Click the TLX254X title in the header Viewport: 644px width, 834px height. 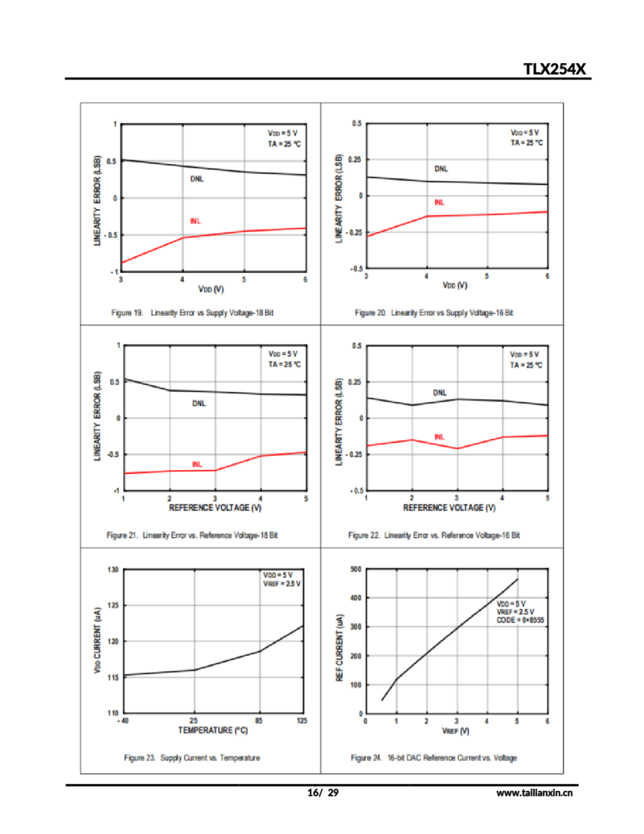[554, 69]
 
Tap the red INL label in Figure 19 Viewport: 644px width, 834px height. [195, 221]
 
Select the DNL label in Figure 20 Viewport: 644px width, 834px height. [441, 169]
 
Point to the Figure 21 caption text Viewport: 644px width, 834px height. [192, 535]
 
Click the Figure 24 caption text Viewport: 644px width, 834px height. [434, 758]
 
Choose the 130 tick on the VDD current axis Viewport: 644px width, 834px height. [113, 570]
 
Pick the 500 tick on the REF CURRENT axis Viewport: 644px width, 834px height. [356, 569]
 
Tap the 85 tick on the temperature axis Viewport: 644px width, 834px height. [259, 721]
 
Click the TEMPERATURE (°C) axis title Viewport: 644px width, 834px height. [213, 730]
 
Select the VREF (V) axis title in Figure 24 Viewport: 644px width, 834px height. [455, 731]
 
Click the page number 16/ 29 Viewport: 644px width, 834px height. [323, 793]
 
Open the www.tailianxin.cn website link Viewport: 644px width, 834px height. [534, 793]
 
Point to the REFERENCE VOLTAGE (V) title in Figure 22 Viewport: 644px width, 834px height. [449, 508]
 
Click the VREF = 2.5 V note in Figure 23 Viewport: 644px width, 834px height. [282, 583]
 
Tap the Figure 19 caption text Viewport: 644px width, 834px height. [192, 313]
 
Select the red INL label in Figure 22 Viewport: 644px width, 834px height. [440, 437]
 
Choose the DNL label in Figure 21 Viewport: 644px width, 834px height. [199, 403]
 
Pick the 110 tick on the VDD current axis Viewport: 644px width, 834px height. [113, 712]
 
